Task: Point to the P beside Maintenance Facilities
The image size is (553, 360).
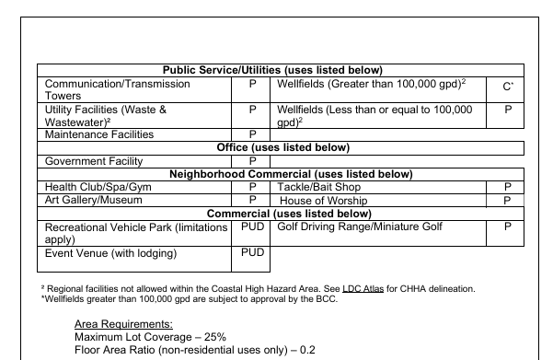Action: [252, 134]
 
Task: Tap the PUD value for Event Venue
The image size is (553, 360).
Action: [252, 252]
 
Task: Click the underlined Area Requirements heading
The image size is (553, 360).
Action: [124, 325]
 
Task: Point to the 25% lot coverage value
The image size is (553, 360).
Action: [213, 337]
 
